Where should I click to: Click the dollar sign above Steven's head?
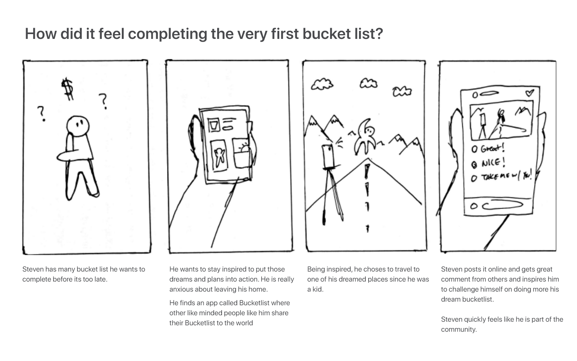[x=68, y=89]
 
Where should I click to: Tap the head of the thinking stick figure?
[x=78, y=126]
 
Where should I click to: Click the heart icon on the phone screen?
[x=530, y=93]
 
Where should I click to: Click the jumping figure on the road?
[x=365, y=137]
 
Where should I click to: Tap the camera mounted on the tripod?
[x=328, y=156]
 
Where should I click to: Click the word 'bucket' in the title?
[x=326, y=34]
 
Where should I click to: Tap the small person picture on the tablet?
[x=219, y=156]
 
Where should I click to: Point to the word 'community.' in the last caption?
[x=459, y=330]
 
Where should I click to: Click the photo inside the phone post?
[x=501, y=120]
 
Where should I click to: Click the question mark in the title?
[x=379, y=34]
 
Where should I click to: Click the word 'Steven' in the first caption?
[x=33, y=269]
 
